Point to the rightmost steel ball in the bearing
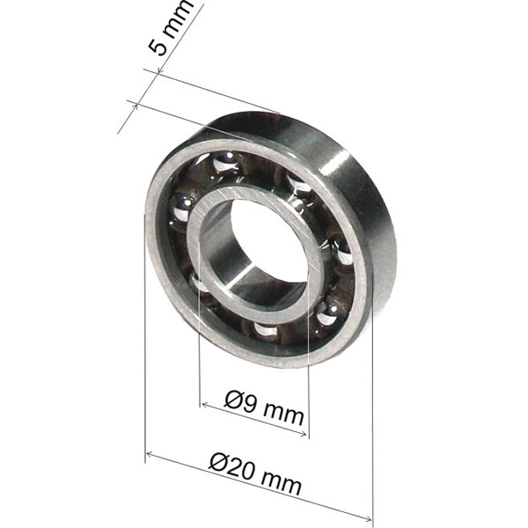(x=344, y=257)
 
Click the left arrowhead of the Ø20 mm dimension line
(x=148, y=454)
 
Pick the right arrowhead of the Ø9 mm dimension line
(x=306, y=433)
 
